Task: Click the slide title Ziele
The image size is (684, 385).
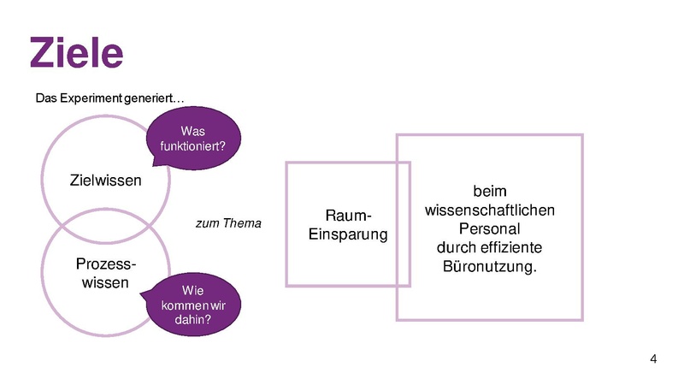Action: (76, 53)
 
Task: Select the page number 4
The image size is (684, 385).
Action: (654, 358)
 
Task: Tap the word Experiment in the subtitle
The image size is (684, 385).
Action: (89, 98)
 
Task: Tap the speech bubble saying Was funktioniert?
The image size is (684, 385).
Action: (192, 139)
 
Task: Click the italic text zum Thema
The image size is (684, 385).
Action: (229, 223)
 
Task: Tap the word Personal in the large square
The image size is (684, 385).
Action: (490, 229)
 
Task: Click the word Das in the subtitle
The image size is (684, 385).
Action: (45, 98)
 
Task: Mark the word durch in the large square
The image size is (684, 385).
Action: (453, 248)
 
